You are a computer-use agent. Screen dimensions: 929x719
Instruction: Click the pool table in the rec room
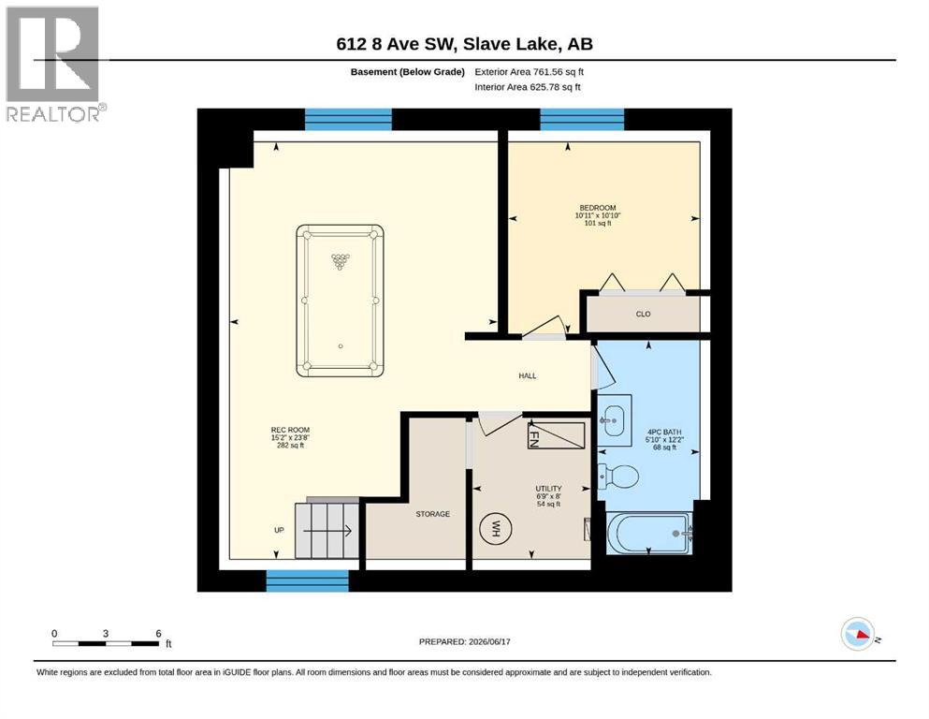tap(340, 301)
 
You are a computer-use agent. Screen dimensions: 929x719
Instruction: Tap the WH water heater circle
tap(495, 528)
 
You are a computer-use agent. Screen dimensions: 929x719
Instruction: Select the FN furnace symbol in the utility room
tap(556, 435)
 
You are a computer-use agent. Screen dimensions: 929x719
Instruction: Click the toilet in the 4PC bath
tap(618, 476)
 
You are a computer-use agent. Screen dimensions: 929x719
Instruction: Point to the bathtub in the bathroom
tap(649, 534)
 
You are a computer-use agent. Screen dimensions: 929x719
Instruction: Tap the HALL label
tap(528, 375)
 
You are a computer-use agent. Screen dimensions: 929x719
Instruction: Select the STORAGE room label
tap(432, 514)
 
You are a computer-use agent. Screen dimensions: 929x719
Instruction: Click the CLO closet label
tap(643, 315)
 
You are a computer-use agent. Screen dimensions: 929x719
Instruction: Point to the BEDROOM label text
tap(597, 208)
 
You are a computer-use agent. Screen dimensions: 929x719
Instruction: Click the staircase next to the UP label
tap(327, 530)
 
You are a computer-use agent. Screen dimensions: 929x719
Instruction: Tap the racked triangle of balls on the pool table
tap(341, 261)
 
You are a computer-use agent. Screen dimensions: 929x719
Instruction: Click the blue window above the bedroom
tap(582, 119)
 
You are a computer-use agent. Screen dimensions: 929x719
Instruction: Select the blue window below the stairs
tap(307, 580)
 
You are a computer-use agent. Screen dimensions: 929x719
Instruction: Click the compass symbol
tap(858, 634)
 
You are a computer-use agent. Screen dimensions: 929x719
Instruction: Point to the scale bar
tap(106, 643)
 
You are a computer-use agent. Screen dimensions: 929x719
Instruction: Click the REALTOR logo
tap(54, 64)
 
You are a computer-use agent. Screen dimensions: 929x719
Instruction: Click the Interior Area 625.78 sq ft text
tap(528, 87)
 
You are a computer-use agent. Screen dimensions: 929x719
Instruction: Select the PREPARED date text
tap(464, 641)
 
